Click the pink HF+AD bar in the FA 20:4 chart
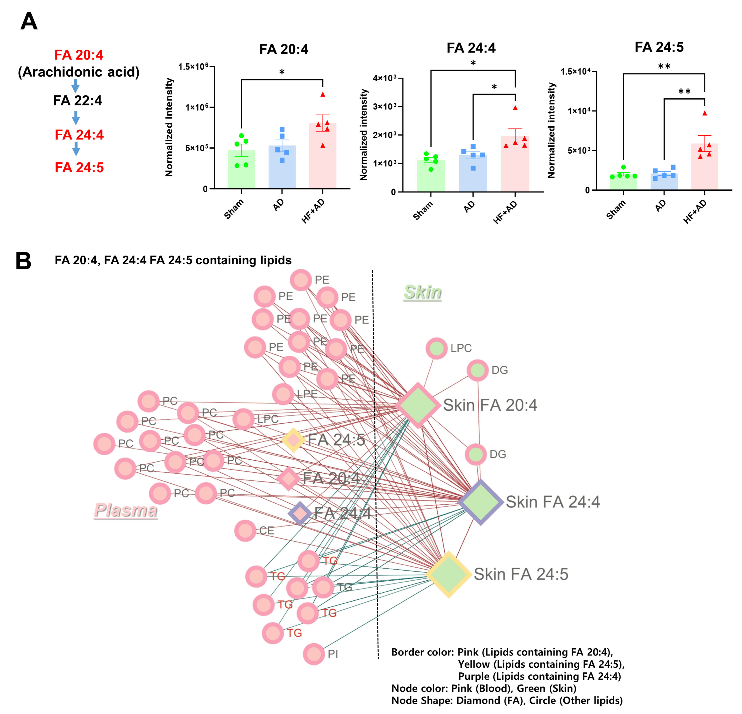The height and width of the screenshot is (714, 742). pos(322,156)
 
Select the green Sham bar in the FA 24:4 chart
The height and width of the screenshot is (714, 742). pos(431,176)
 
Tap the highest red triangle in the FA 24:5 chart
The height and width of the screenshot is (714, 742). pos(704,113)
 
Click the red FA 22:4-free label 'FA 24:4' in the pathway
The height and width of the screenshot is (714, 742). pos(79,134)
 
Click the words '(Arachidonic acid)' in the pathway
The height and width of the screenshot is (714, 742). pos(79,72)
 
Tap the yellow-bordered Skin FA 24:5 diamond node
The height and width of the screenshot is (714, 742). pos(449,574)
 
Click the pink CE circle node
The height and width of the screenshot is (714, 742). pos(245,531)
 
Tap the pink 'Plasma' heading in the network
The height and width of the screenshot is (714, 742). pos(126,510)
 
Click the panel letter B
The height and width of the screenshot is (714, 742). pos(23,261)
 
